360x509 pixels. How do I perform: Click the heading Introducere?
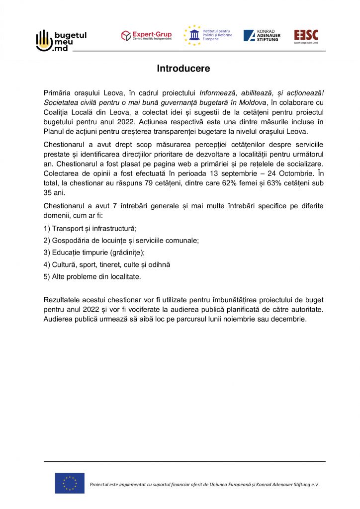[x=183, y=69]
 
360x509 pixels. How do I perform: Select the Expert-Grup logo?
[x=146, y=36]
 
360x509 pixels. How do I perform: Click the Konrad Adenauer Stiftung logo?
[x=262, y=36]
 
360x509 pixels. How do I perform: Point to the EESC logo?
[x=306, y=36]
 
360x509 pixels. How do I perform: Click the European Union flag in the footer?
[x=70, y=483]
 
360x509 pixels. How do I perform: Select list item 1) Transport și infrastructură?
[x=90, y=229]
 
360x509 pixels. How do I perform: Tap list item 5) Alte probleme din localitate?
[x=92, y=276]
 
